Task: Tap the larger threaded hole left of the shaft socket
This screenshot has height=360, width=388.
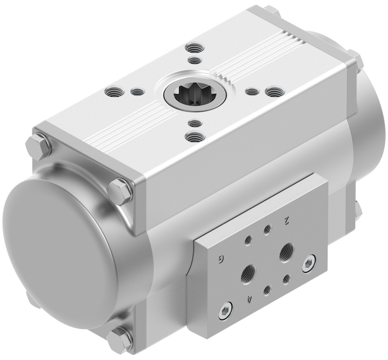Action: pos(114,91)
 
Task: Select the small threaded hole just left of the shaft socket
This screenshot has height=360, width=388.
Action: pos(137,92)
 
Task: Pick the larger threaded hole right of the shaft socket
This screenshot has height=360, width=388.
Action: pos(275,92)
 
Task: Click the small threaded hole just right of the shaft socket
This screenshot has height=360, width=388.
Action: pos(252,92)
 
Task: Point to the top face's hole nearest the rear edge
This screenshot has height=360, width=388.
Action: pos(195,47)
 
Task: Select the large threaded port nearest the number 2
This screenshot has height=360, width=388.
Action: pos(287,252)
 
